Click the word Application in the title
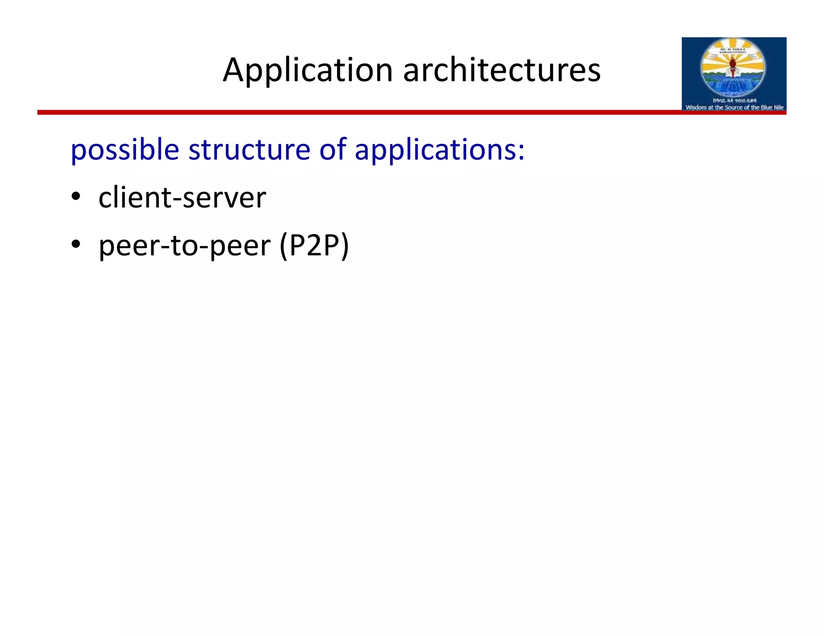pyautogui.click(x=307, y=70)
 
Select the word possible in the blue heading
pyautogui.click(x=125, y=150)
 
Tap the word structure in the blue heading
pyautogui.click(x=249, y=149)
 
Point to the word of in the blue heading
pyautogui.click(x=333, y=149)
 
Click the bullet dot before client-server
pyautogui.click(x=76, y=197)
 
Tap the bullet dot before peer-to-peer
pyautogui.click(x=76, y=244)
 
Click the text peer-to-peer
pyautogui.click(x=185, y=246)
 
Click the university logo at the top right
pyautogui.click(x=733, y=74)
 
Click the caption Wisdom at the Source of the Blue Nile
pyautogui.click(x=734, y=107)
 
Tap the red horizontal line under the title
pyautogui.click(x=362, y=113)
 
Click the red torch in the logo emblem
pyautogui.click(x=733, y=64)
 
